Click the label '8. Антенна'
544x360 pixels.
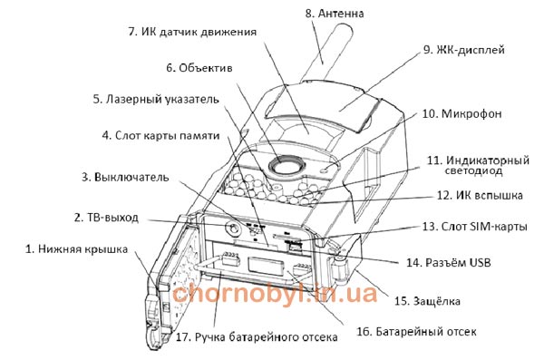pyautogui.click(x=335, y=14)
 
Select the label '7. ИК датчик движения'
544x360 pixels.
pyautogui.click(x=192, y=32)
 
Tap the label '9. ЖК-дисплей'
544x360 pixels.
pyautogui.click(x=464, y=50)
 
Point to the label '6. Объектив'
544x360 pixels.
pyautogui.click(x=199, y=68)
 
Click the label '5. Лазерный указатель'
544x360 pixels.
pyautogui.click(x=156, y=99)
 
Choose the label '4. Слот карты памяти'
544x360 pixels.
pyautogui.click(x=161, y=135)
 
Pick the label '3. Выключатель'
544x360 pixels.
pyautogui.click(x=125, y=177)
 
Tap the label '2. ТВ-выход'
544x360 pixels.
pyautogui.click(x=106, y=218)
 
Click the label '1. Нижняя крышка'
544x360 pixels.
pyautogui.click(x=77, y=248)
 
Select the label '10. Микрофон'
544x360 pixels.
pyautogui.click(x=461, y=114)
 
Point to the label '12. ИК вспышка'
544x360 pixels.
pyautogui.click(x=480, y=195)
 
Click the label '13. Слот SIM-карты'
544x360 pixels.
pyautogui.click(x=474, y=227)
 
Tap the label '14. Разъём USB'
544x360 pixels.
pyautogui.click(x=449, y=262)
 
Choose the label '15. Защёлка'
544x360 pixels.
pyautogui.click(x=427, y=301)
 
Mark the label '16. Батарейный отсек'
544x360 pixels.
pyautogui.click(x=417, y=332)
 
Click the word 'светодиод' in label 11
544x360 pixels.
pyautogui.click(x=473, y=170)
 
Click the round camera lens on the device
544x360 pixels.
pyautogui.click(x=287, y=164)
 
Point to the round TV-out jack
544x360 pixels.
pyautogui.click(x=232, y=228)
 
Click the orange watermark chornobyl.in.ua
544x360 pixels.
pyautogui.click(x=275, y=293)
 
